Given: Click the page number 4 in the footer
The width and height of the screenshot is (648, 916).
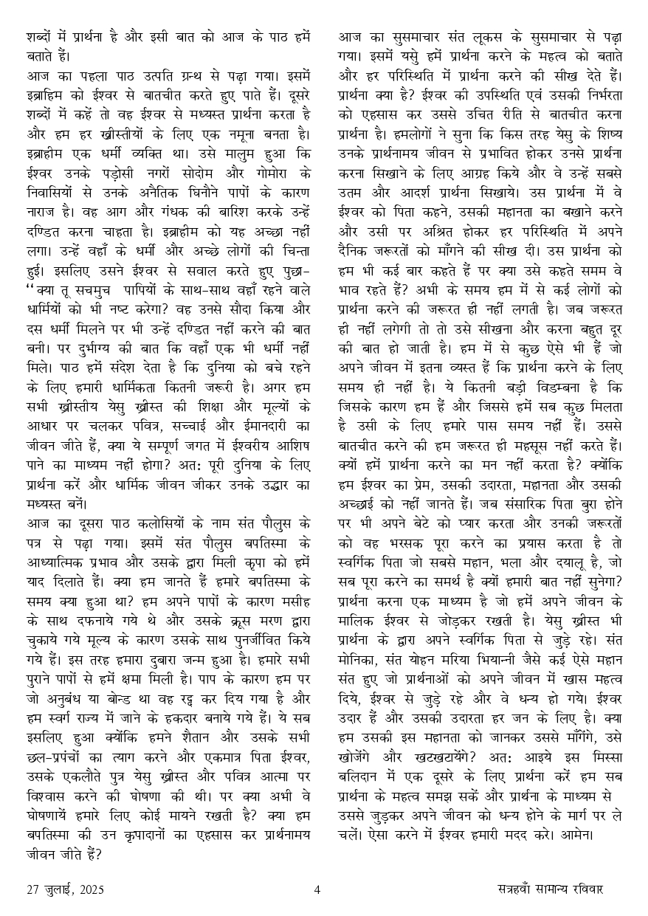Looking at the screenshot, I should click(317, 889).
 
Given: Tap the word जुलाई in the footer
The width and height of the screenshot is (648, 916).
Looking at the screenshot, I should click(55, 889).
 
